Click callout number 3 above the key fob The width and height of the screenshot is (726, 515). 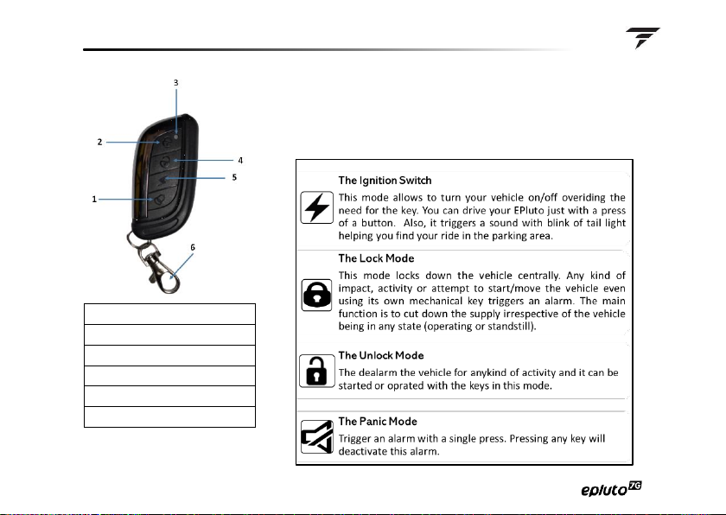(175, 83)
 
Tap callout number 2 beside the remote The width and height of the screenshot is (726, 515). (100, 141)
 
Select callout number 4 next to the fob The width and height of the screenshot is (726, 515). (240, 160)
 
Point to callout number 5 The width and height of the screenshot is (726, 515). (234, 177)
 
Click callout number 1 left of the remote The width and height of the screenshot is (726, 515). (93, 200)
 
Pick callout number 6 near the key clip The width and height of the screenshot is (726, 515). (193, 246)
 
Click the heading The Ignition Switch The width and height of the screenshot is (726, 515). (385, 181)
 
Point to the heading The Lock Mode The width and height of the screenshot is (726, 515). (376, 258)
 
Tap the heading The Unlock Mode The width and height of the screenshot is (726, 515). (381, 355)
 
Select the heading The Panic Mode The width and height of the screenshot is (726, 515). (378, 421)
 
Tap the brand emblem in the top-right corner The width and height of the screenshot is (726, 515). (643, 37)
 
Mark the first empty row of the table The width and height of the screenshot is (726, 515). (169, 314)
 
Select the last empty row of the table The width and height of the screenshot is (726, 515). (169, 417)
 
